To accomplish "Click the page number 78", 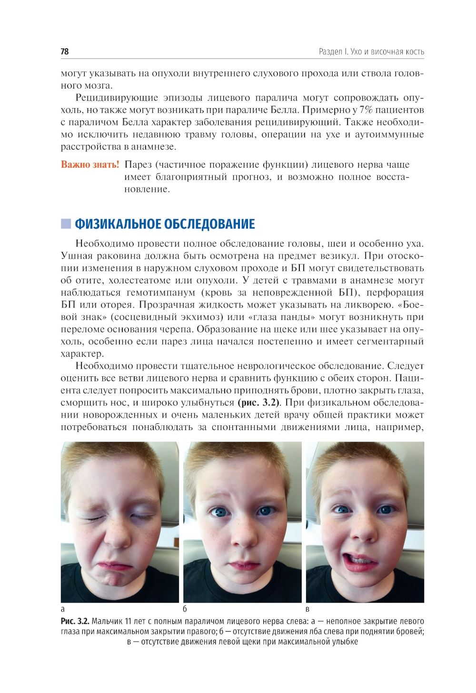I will tap(65, 51).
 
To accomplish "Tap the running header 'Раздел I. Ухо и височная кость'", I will tap(371, 51).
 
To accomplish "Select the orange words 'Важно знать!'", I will tap(90, 165).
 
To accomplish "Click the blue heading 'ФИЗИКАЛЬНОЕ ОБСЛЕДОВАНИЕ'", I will tap(165, 224).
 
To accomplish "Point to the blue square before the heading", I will tap(66, 224).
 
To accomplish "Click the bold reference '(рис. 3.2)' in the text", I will tap(259, 402).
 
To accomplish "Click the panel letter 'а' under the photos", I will tap(63, 609).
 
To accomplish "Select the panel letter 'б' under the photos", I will tap(185, 609).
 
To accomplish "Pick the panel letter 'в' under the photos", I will tap(307, 609).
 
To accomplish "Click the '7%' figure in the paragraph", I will tap(366, 110).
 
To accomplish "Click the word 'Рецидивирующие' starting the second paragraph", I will tap(116, 98).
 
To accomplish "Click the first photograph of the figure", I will tap(120, 522).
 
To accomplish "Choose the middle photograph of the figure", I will tap(242, 522).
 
